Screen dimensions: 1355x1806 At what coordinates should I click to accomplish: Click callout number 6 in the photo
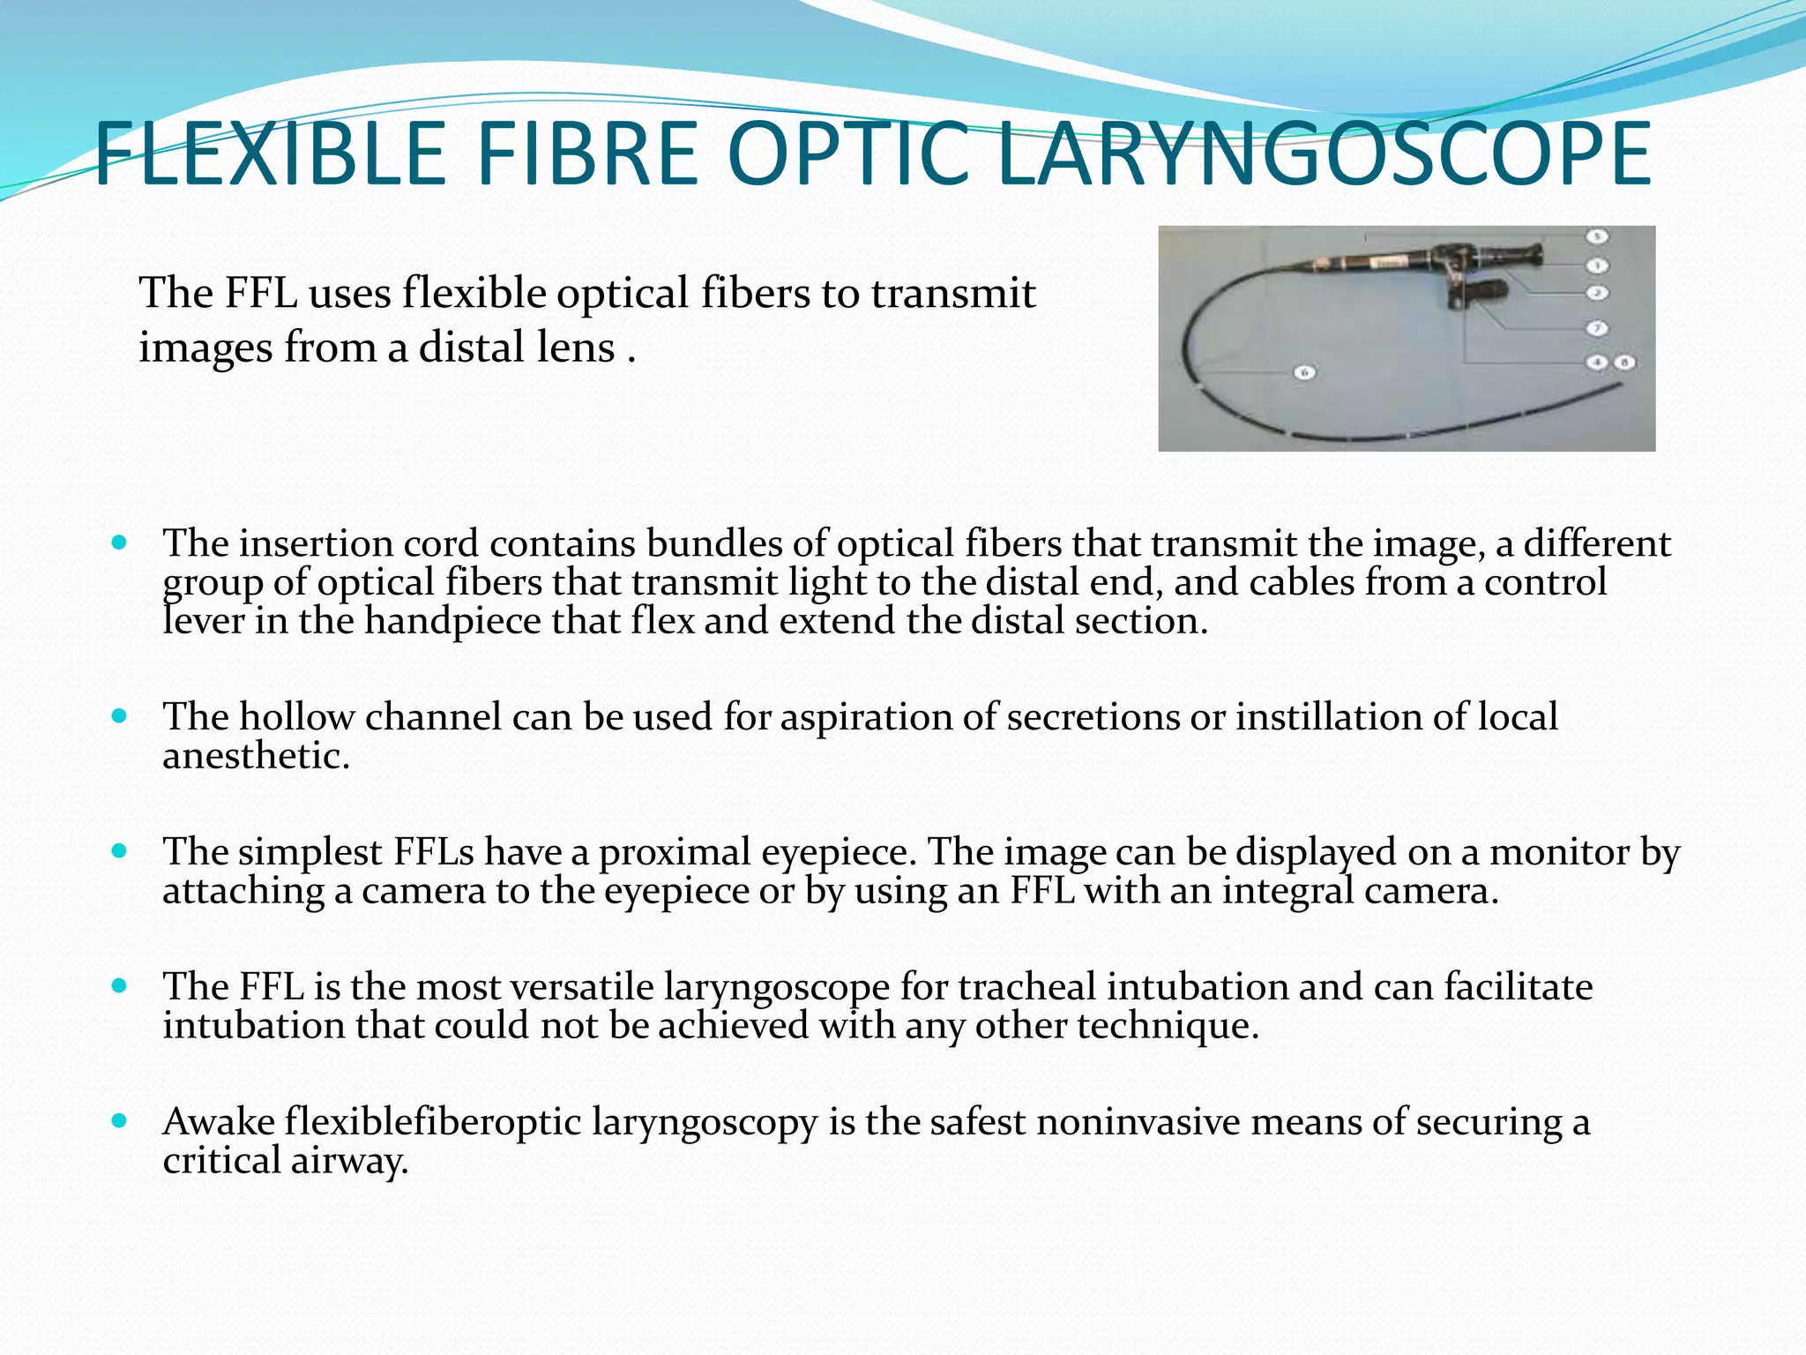[1305, 372]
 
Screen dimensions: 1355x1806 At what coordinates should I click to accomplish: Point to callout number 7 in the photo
[1597, 328]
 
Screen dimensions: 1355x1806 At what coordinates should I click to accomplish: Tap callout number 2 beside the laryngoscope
[1597, 292]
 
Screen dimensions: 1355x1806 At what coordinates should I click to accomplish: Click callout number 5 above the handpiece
[1597, 236]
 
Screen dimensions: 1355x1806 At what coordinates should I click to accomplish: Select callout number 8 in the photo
[1623, 363]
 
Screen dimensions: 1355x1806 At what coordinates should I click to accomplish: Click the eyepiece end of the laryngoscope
[1530, 256]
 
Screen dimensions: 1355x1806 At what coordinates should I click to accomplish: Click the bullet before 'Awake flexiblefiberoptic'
[120, 1120]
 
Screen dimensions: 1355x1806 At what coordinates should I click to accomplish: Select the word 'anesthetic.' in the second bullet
[256, 756]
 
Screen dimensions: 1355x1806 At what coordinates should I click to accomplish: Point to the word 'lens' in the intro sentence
[578, 348]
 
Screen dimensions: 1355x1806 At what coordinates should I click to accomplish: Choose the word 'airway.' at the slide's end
[349, 1161]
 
